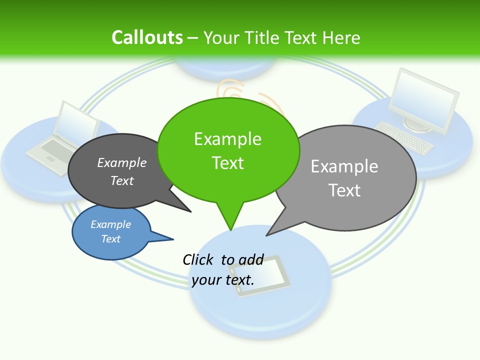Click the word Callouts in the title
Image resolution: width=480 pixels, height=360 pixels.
[147, 37]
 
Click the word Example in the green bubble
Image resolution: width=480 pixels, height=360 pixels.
[227, 139]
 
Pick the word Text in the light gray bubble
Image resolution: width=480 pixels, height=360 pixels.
[344, 190]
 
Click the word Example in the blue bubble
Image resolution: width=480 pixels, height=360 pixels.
[110, 224]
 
